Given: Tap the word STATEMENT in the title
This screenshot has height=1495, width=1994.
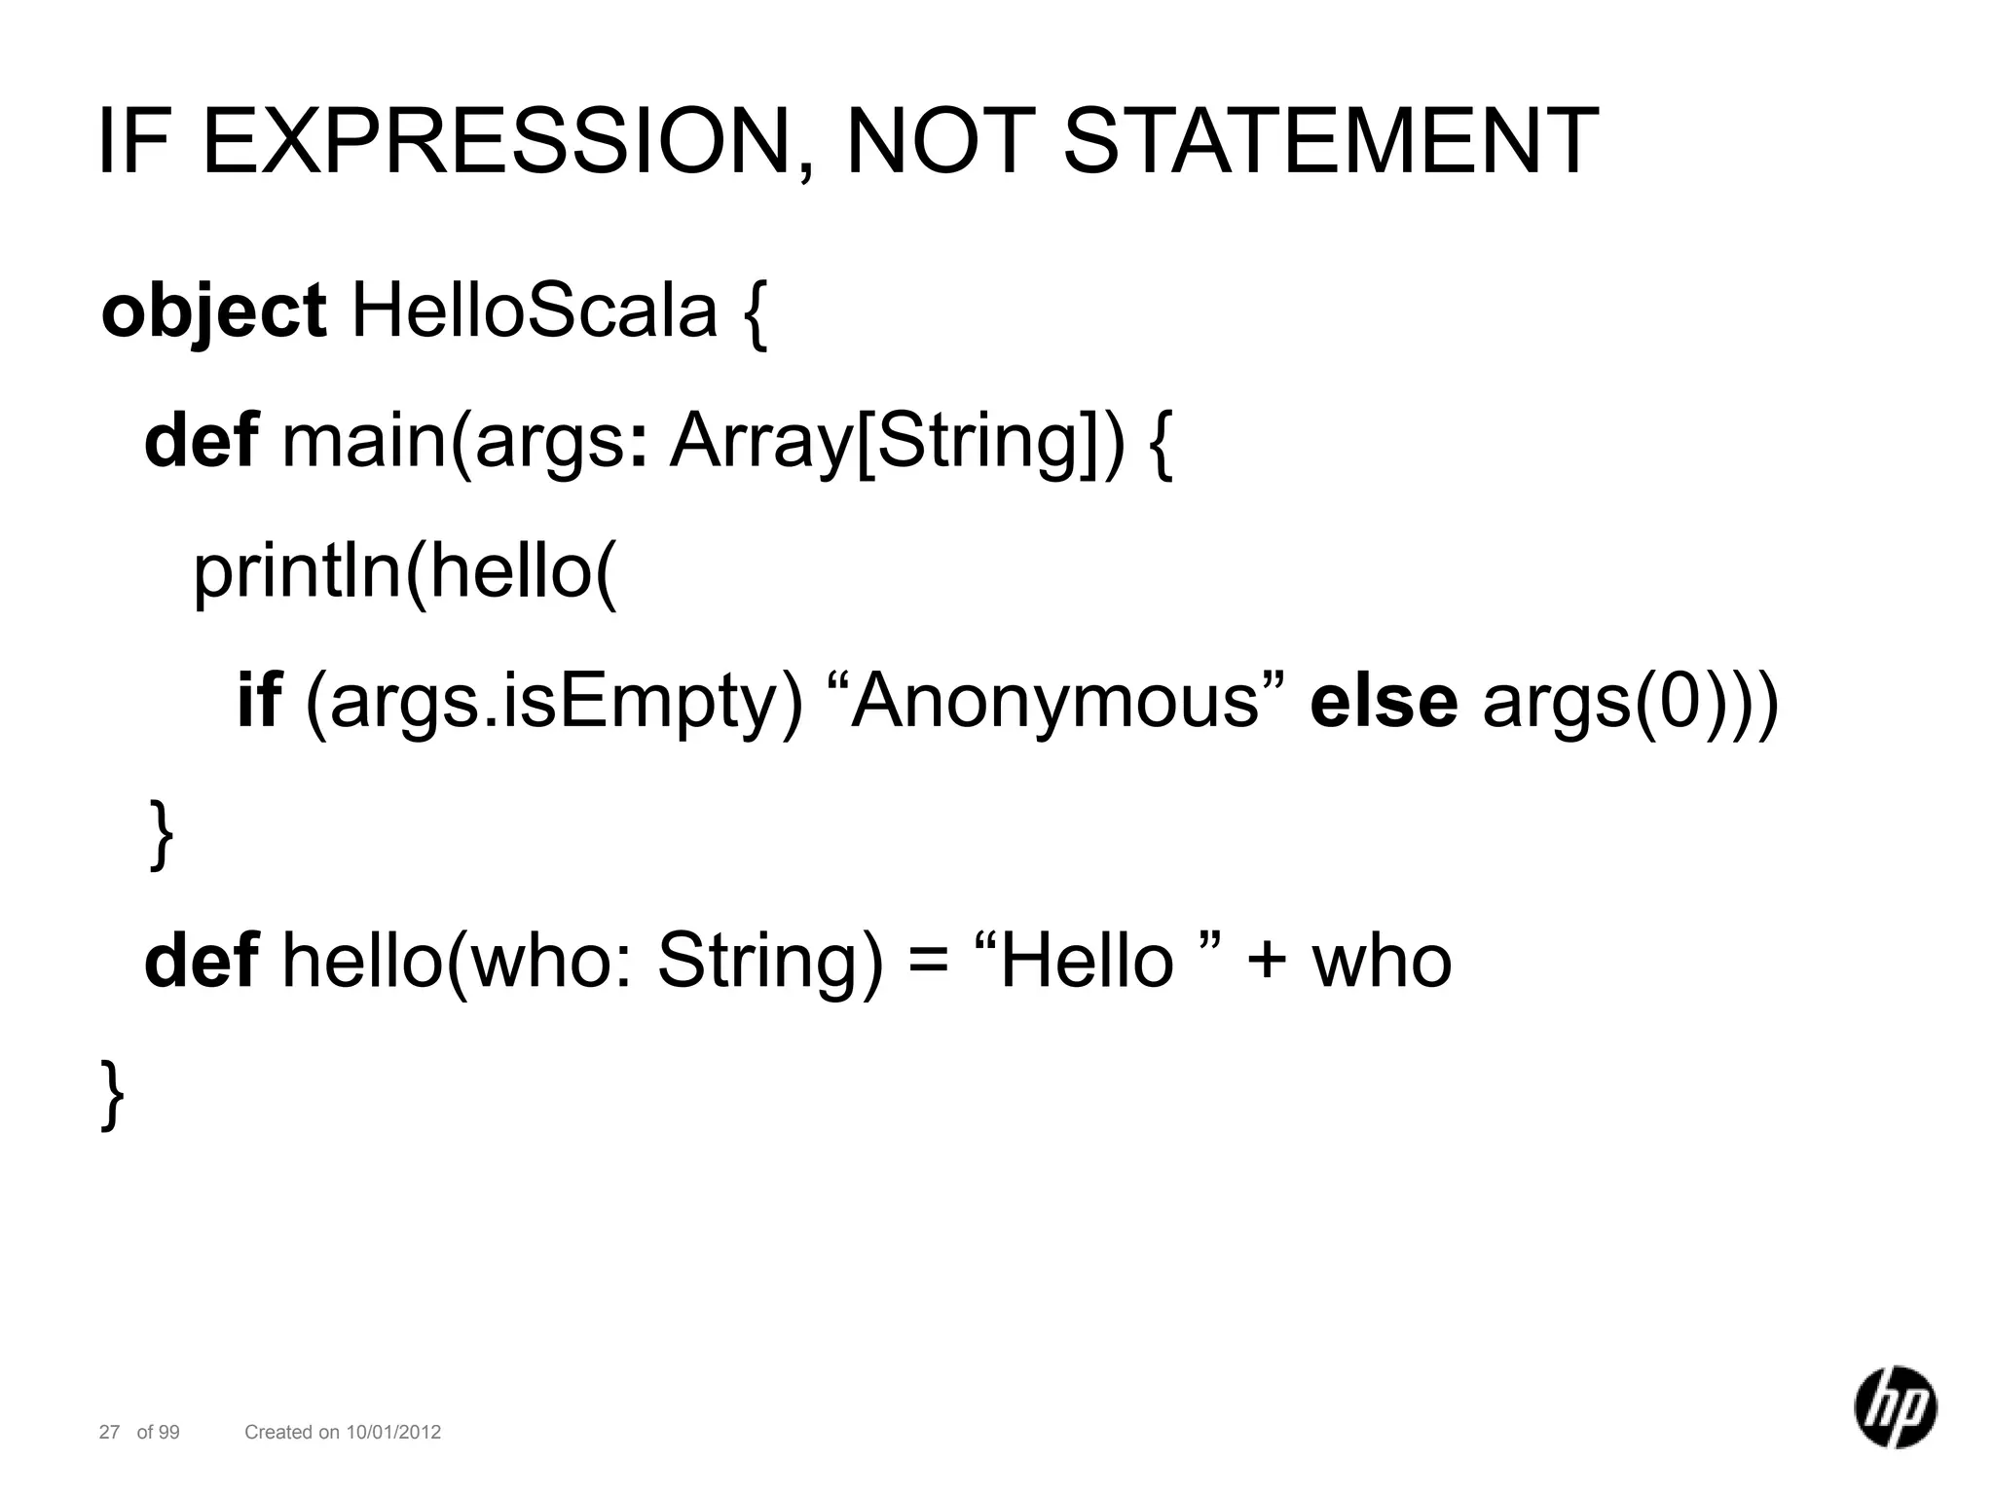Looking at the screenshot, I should click(x=1330, y=143).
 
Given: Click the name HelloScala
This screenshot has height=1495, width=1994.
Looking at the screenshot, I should click(x=534, y=311).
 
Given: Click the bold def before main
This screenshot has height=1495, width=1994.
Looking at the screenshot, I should click(x=201, y=440).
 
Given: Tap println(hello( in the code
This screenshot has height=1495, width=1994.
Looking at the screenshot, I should click(x=404, y=572).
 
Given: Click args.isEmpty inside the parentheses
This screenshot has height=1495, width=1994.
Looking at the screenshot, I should click(x=554, y=703).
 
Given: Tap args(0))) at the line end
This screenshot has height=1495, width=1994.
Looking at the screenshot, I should click(x=1630, y=703).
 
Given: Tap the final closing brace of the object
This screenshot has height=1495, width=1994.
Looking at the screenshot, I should click(x=113, y=1094).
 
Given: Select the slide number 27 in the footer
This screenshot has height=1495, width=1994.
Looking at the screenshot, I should click(x=109, y=1432).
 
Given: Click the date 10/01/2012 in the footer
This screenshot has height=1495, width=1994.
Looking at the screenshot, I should click(x=393, y=1432).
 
